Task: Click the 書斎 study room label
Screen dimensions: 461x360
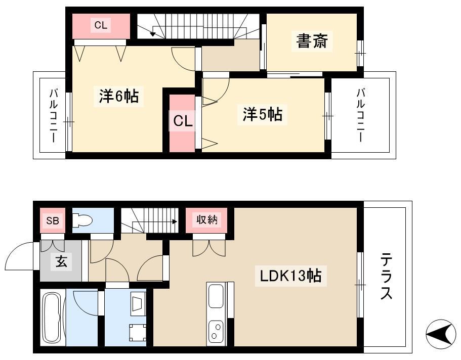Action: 312,41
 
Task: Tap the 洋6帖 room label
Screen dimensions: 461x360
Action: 119,96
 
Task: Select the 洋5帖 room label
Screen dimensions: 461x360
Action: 262,114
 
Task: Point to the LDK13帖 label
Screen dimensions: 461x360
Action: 291,276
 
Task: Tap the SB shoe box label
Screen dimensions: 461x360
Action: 53,220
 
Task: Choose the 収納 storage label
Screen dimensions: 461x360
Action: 207,219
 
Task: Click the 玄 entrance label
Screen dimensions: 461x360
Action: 61,261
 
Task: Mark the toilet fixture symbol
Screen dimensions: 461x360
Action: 82,220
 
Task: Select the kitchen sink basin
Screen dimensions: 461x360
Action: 216,296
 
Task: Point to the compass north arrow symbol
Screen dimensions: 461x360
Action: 441,334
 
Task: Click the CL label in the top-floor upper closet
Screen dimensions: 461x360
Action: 101,25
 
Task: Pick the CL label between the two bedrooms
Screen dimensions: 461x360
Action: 183,121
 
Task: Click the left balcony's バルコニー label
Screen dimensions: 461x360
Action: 54,116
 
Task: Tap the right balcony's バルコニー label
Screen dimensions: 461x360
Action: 361,115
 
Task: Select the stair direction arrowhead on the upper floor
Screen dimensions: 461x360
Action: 152,34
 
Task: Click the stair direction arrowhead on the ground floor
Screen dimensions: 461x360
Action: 176,221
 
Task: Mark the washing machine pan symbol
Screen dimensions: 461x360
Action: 138,332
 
